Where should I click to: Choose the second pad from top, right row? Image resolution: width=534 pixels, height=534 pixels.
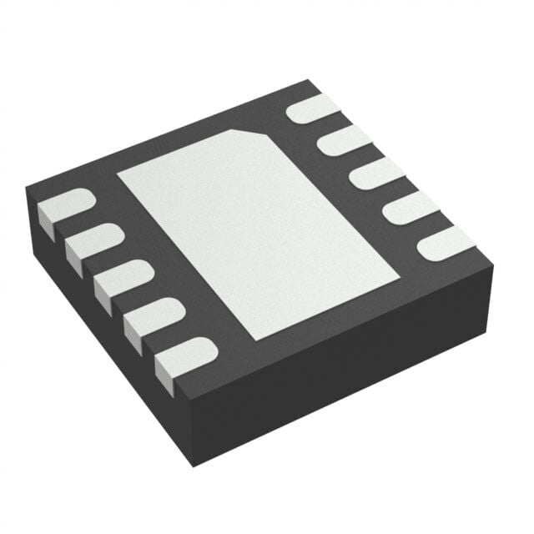343,141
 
